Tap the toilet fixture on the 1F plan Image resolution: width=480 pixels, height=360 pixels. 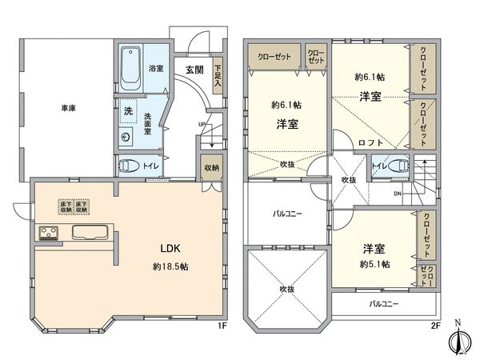point(128,167)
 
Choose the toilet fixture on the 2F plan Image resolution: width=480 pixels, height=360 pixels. point(400,167)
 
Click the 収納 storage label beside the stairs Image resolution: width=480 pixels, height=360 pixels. point(211,167)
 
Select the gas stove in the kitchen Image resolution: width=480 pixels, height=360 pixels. point(47,234)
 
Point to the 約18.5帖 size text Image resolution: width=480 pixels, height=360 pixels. point(166,266)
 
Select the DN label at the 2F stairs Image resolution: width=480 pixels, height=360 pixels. point(398,194)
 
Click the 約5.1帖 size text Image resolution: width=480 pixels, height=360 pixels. point(374,264)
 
